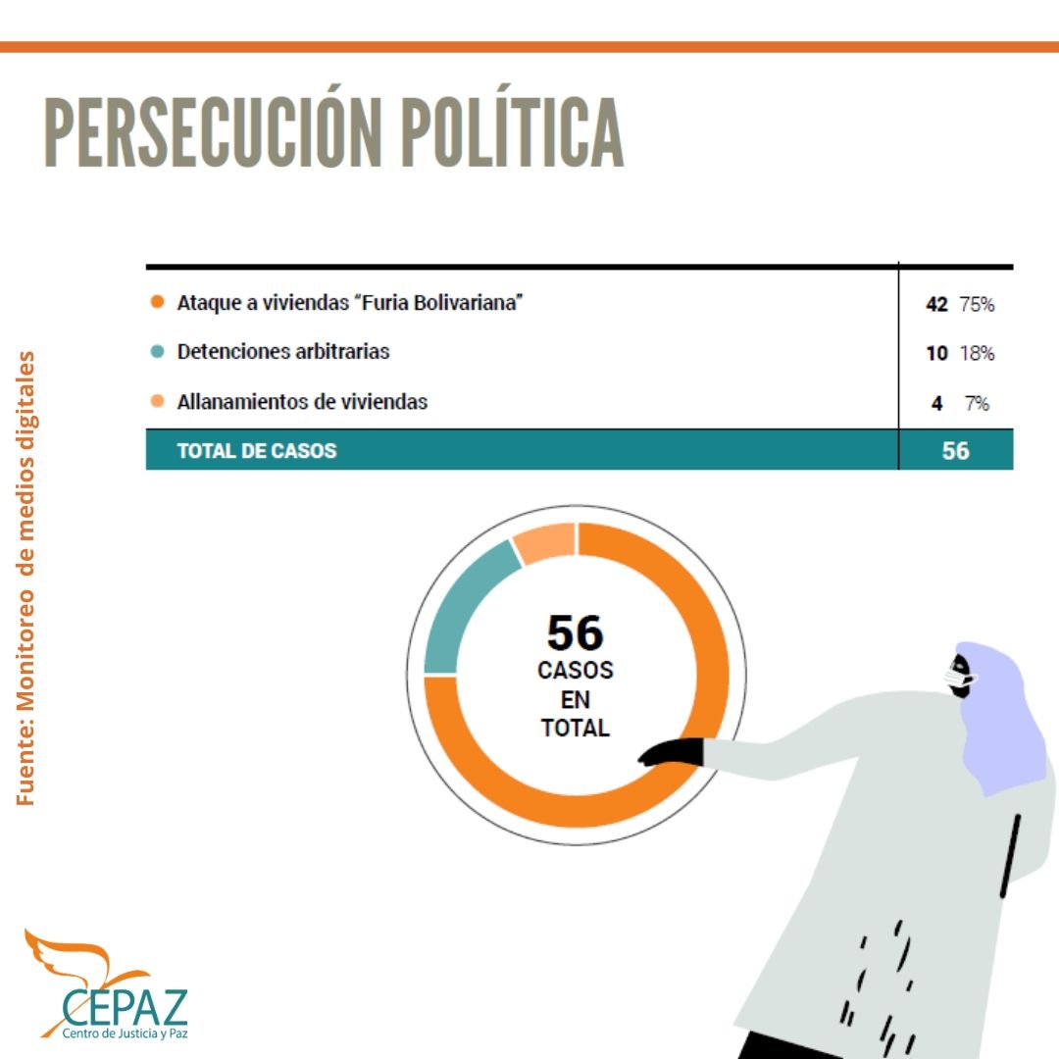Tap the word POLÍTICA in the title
coord(511,132)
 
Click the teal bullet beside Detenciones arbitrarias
coord(157,351)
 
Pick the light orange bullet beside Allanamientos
coord(157,401)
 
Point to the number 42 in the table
coord(936,304)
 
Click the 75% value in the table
coord(977,304)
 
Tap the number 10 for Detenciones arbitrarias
coord(936,353)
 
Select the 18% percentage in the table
coord(977,353)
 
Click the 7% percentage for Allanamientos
coord(976,403)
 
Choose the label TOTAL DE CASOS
coord(256,451)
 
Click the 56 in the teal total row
coord(955,451)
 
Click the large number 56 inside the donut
coord(575,632)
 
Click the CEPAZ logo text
coord(125,1005)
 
